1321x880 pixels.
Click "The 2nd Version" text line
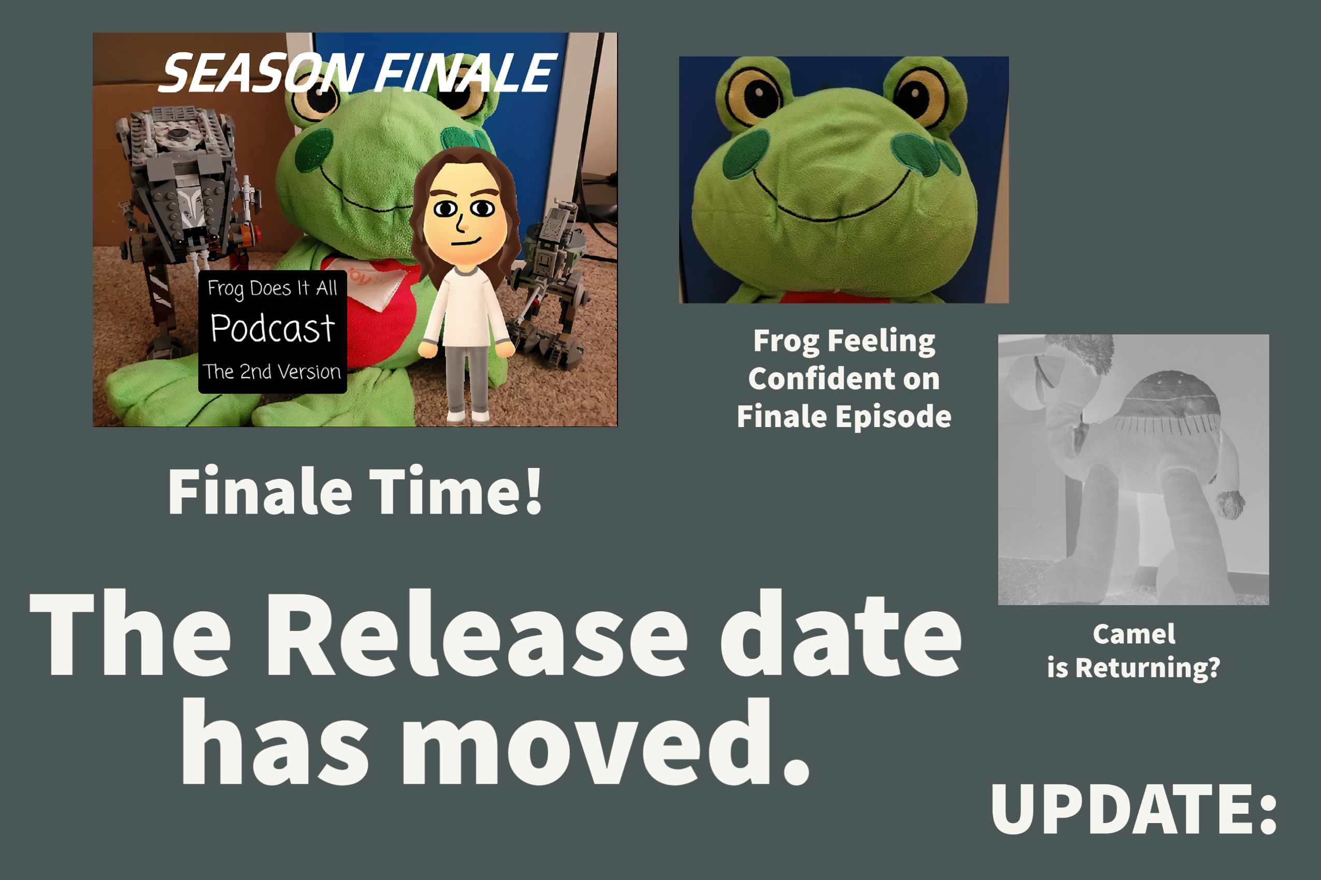(272, 372)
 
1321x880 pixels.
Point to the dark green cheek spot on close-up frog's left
(746, 154)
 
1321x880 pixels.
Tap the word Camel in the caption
(1134, 634)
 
